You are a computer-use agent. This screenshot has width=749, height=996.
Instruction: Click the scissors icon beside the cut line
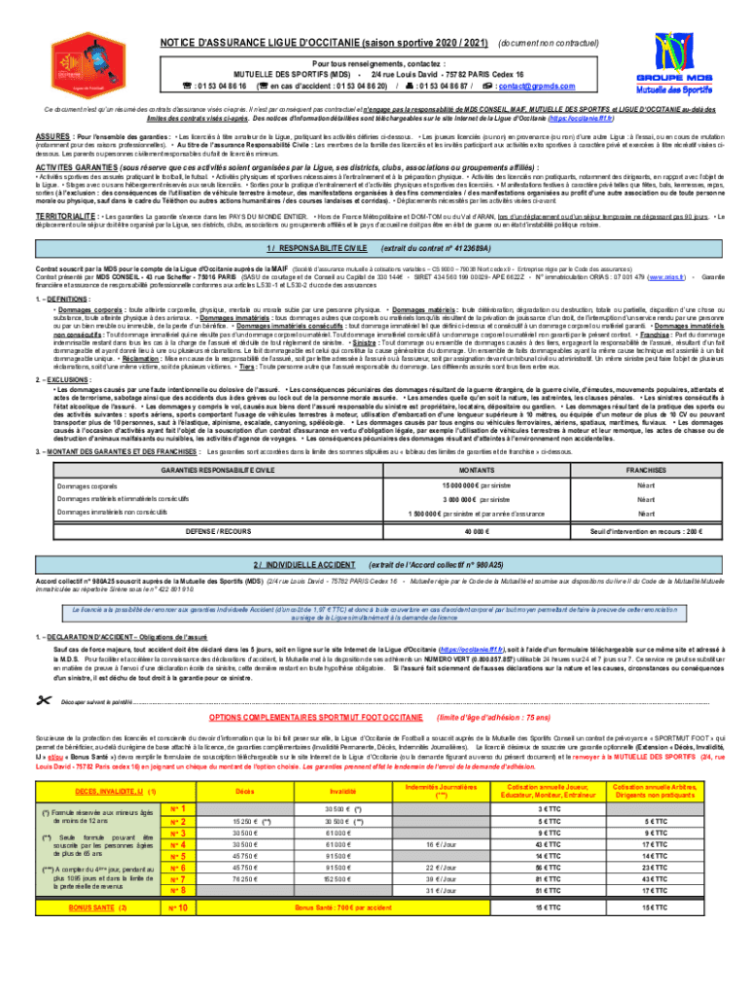click(42, 673)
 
